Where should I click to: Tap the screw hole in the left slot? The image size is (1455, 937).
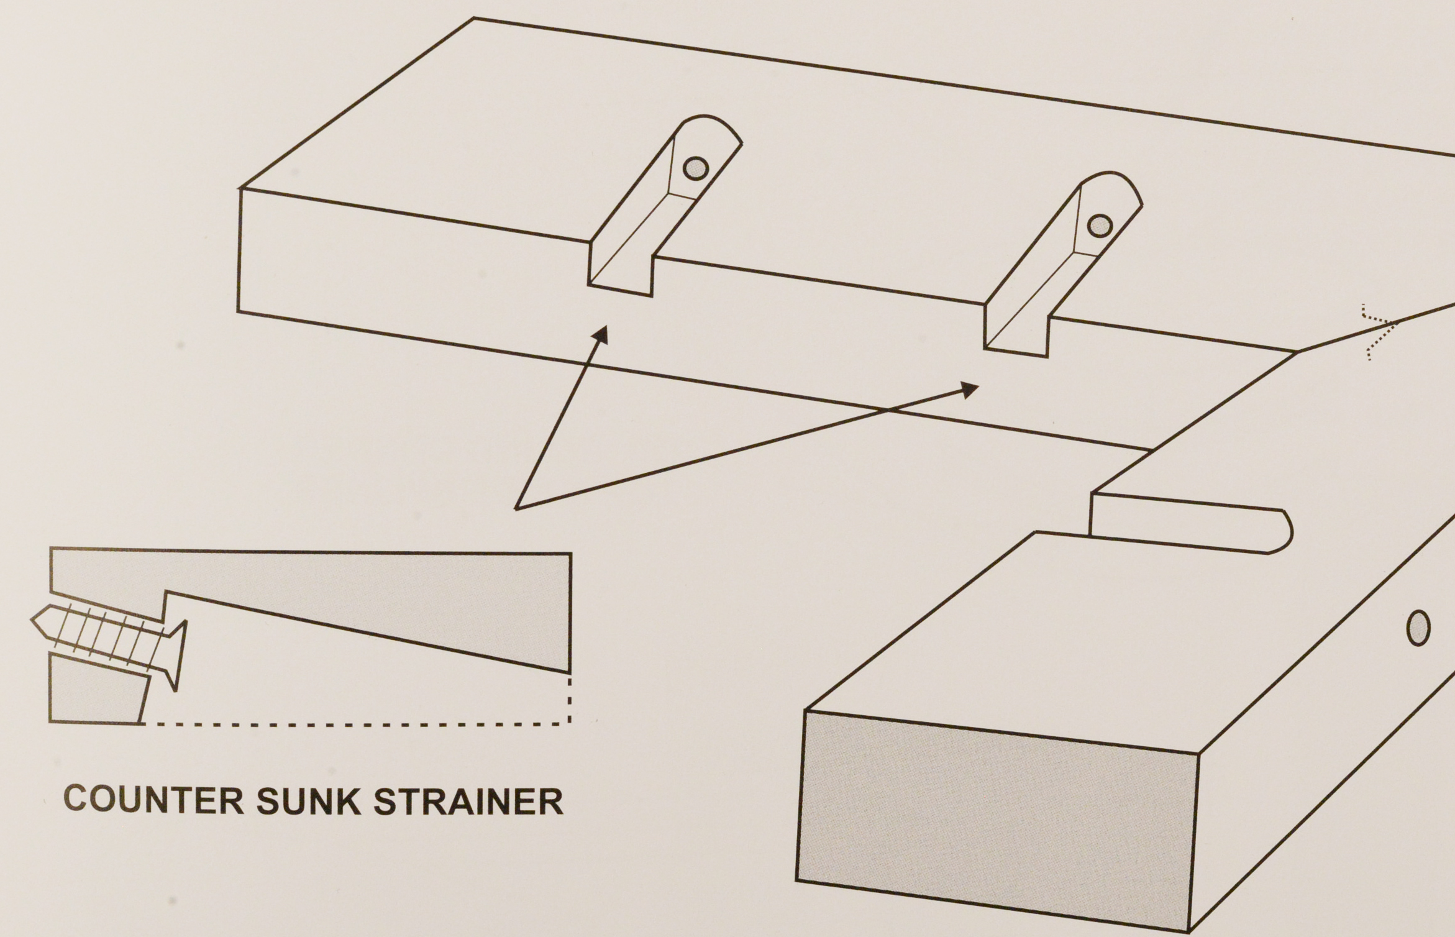[695, 168]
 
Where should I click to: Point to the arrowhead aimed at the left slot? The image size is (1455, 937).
[600, 336]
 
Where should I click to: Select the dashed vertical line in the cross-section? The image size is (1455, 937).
[570, 699]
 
